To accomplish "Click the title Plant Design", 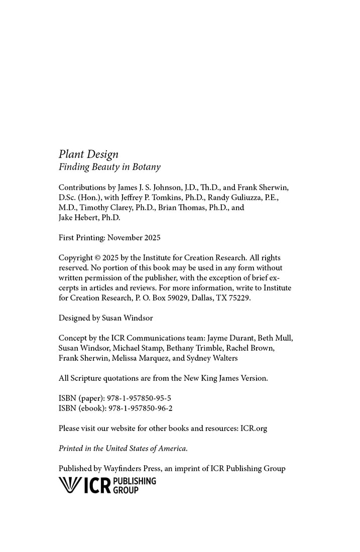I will point(88,155).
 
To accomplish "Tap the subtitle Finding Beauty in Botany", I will point(109,167).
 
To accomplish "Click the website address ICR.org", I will point(254,429).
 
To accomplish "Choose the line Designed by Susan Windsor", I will point(105,318).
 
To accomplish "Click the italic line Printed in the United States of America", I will point(123,449).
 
